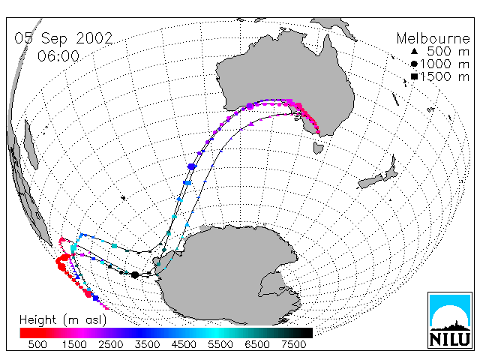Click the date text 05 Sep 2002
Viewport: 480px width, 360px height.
click(64, 38)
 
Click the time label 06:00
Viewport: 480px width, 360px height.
click(58, 56)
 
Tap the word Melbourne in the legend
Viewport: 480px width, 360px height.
click(433, 38)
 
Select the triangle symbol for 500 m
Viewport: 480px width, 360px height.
click(414, 51)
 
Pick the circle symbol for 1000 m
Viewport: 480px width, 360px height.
click(414, 64)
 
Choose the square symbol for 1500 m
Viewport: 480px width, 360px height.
click(415, 76)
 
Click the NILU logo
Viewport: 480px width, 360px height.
click(450, 320)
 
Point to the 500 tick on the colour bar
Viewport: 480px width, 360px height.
click(37, 345)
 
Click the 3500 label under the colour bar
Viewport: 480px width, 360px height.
click(147, 345)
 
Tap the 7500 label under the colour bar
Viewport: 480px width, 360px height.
click(293, 345)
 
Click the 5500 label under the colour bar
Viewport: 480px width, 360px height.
click(220, 345)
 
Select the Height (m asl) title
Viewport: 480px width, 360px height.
click(63, 320)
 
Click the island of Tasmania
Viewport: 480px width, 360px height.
click(318, 148)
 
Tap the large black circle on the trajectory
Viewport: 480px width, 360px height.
click(135, 275)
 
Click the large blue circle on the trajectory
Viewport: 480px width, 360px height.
click(192, 166)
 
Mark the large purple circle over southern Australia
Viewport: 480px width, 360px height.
click(250, 106)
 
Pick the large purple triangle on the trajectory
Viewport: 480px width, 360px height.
click(251, 124)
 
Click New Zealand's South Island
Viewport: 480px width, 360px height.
click(370, 181)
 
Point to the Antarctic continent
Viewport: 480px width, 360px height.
click(232, 275)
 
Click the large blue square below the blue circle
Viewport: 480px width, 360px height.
click(187, 183)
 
